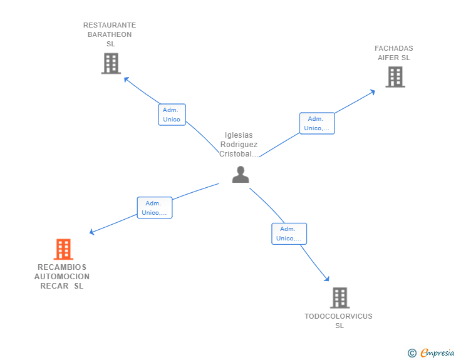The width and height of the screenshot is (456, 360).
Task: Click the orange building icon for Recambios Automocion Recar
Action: point(63,249)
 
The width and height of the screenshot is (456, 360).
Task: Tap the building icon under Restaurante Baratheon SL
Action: point(110,63)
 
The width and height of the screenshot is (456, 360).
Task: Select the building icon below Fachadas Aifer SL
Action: point(395,77)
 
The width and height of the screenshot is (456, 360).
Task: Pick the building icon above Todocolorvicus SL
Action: point(339,298)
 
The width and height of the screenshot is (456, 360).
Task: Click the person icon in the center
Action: point(241,175)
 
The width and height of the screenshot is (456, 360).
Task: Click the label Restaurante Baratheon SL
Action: point(110,34)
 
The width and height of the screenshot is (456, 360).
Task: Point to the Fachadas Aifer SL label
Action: point(393,53)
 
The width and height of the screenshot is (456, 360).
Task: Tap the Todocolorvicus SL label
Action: point(338,321)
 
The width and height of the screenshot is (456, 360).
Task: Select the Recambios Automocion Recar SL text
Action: point(62,276)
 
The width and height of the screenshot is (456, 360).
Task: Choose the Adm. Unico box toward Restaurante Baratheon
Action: point(172,115)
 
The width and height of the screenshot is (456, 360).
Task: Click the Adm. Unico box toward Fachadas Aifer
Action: point(316,123)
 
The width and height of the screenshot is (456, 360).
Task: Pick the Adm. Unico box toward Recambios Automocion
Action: point(154,208)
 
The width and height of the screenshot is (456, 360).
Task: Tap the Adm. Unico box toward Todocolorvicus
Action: point(289,234)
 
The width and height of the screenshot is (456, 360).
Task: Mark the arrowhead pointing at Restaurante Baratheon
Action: point(126,79)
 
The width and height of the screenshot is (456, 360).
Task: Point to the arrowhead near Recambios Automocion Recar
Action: point(92,232)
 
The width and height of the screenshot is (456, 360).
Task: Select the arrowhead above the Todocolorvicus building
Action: point(326,279)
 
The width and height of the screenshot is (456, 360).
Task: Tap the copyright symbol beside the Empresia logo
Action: point(412,353)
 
